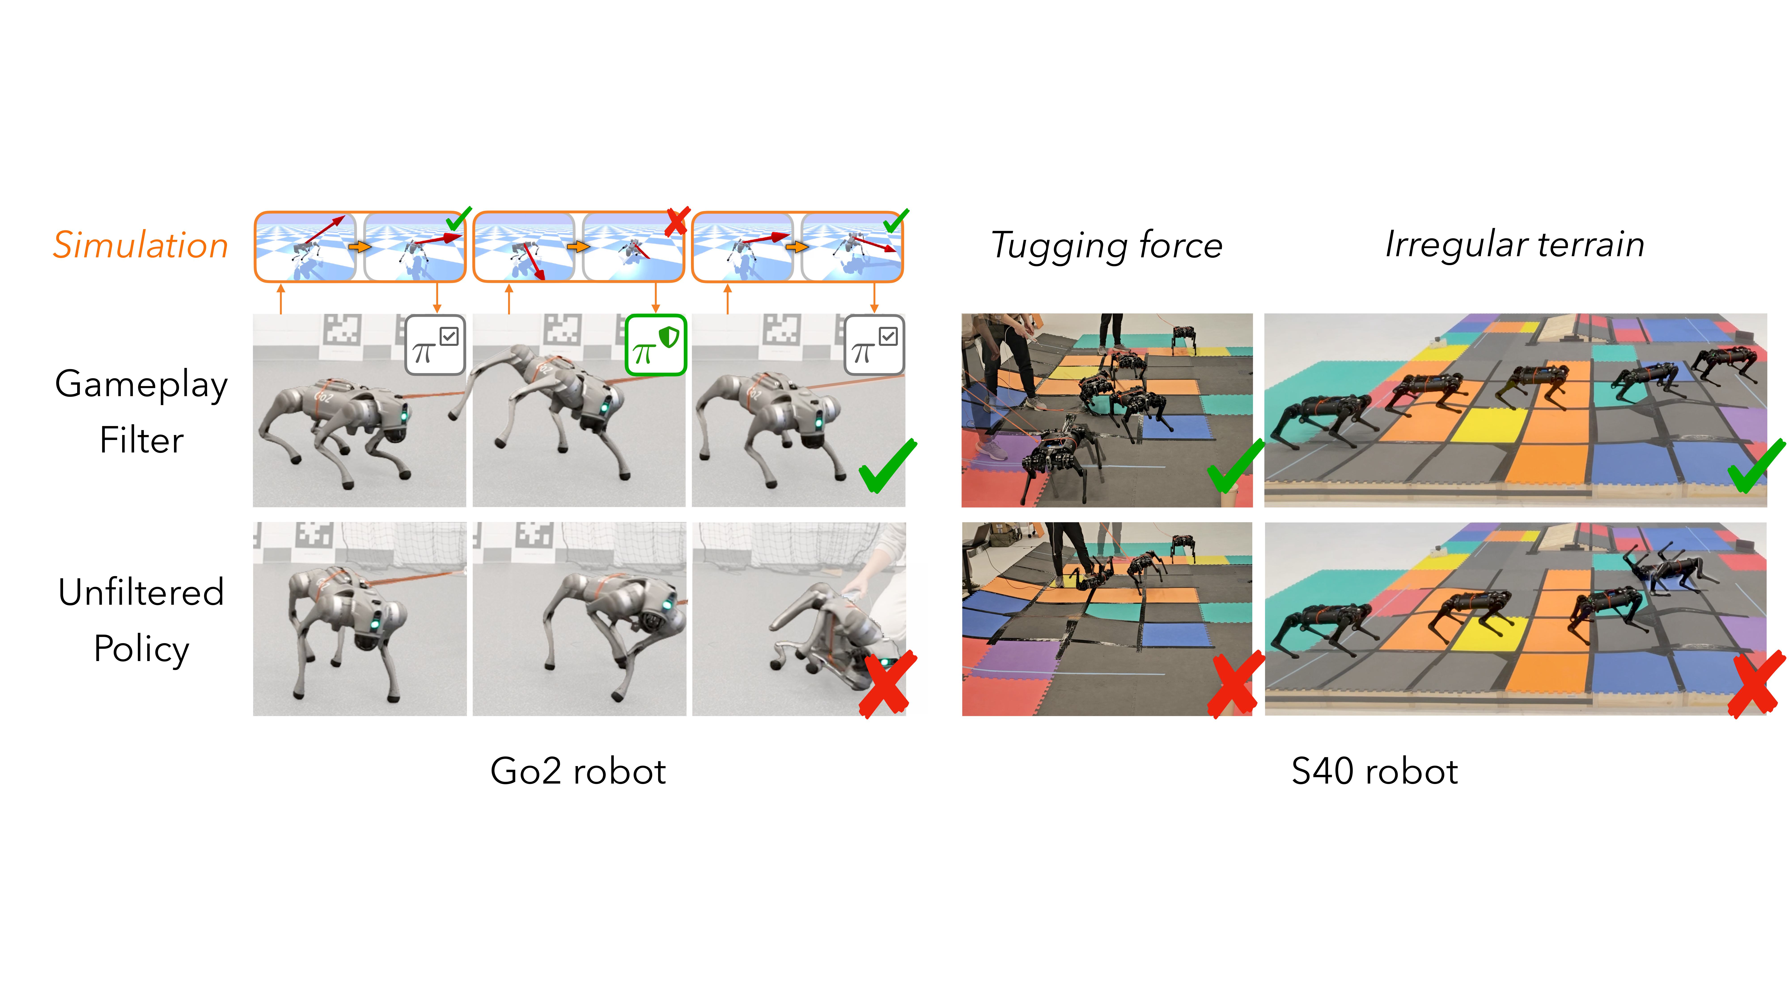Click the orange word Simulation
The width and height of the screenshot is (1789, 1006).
pyautogui.click(x=141, y=245)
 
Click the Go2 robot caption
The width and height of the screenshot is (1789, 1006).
pyautogui.click(x=578, y=771)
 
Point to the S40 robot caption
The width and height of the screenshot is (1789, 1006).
pyautogui.click(x=1374, y=771)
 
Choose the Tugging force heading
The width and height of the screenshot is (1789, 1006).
pyautogui.click(x=1106, y=245)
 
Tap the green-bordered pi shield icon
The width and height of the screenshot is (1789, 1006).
pyautogui.click(x=656, y=345)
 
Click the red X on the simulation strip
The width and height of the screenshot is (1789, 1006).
pyautogui.click(x=676, y=221)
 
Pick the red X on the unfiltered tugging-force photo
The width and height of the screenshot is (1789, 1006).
pyautogui.click(x=1234, y=684)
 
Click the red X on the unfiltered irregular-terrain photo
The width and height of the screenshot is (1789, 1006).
pyautogui.click(x=1755, y=684)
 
